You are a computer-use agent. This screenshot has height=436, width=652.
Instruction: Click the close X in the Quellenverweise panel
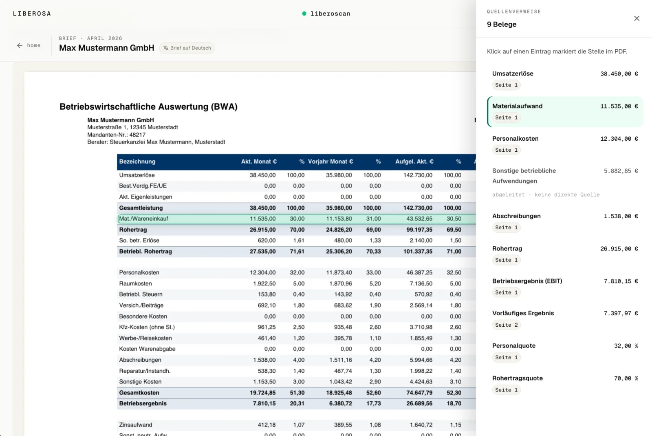pos(637,18)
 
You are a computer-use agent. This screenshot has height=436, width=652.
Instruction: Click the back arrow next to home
pos(20,45)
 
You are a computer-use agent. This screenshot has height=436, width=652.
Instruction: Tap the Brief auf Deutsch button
pos(187,48)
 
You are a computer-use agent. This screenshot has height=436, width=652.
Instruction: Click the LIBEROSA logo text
pos(32,14)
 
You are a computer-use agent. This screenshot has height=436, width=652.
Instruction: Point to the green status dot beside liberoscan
pos(304,14)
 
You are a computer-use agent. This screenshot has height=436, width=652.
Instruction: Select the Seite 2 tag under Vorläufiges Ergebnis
pos(506,325)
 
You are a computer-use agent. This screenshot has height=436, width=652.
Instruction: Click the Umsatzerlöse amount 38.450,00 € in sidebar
pos(619,74)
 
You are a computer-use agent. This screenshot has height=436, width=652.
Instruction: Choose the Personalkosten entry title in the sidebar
pos(515,139)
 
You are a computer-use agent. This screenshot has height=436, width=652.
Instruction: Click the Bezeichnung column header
pos(137,162)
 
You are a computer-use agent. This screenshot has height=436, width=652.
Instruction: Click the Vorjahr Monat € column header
pos(330,162)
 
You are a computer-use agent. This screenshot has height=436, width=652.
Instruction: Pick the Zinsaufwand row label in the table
pos(136,425)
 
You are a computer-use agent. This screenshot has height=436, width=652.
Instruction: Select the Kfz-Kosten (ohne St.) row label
pos(147,327)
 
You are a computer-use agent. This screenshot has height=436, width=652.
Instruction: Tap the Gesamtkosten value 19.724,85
pos(262,393)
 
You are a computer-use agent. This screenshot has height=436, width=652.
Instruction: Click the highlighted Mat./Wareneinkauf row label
pos(143,219)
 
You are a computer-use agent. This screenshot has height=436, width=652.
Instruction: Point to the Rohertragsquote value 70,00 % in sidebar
pos(626,378)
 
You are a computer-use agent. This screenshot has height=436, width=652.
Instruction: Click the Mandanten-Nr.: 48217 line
pos(116,135)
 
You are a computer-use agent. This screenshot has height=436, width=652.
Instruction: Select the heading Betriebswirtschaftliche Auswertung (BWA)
pos(148,106)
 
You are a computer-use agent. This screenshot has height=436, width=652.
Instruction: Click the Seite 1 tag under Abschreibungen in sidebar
pos(506,228)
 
